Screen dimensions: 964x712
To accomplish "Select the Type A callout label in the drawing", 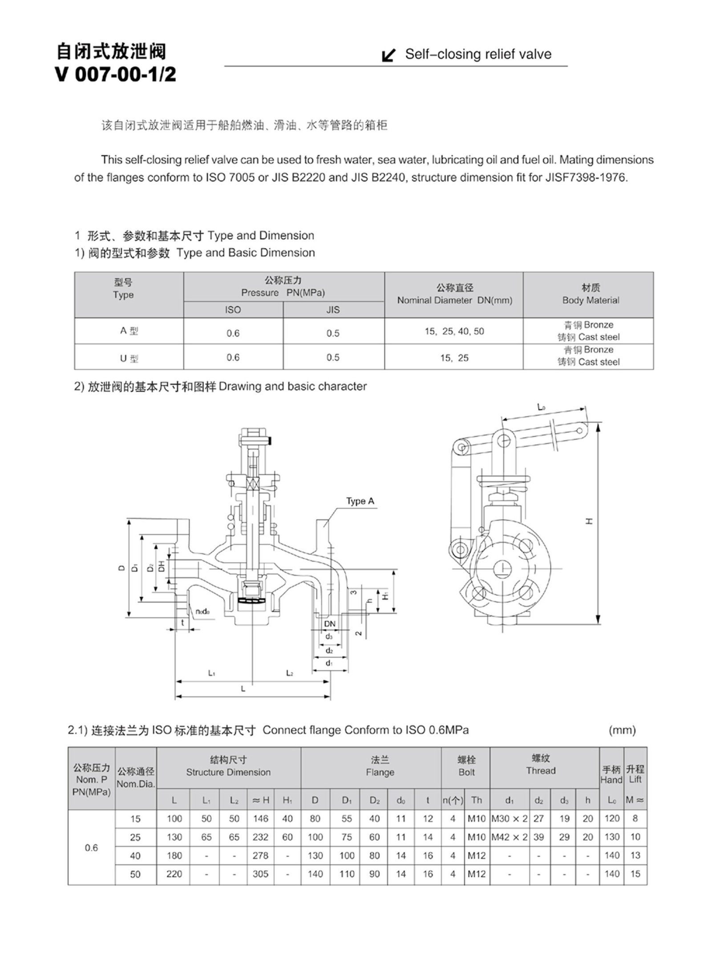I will (x=360, y=501).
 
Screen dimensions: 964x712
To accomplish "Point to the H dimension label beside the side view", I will (x=589, y=521).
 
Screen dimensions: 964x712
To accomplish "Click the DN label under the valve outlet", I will (x=329, y=624).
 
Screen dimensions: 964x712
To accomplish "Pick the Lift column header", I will (x=635, y=774).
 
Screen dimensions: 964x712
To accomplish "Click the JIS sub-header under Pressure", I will (x=333, y=310).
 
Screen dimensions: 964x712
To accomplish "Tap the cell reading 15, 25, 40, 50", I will (x=454, y=331).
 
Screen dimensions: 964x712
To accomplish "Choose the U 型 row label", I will (x=129, y=357).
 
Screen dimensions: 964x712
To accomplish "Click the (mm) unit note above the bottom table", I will (x=622, y=730).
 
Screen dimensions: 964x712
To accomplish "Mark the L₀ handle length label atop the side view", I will (x=541, y=407).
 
